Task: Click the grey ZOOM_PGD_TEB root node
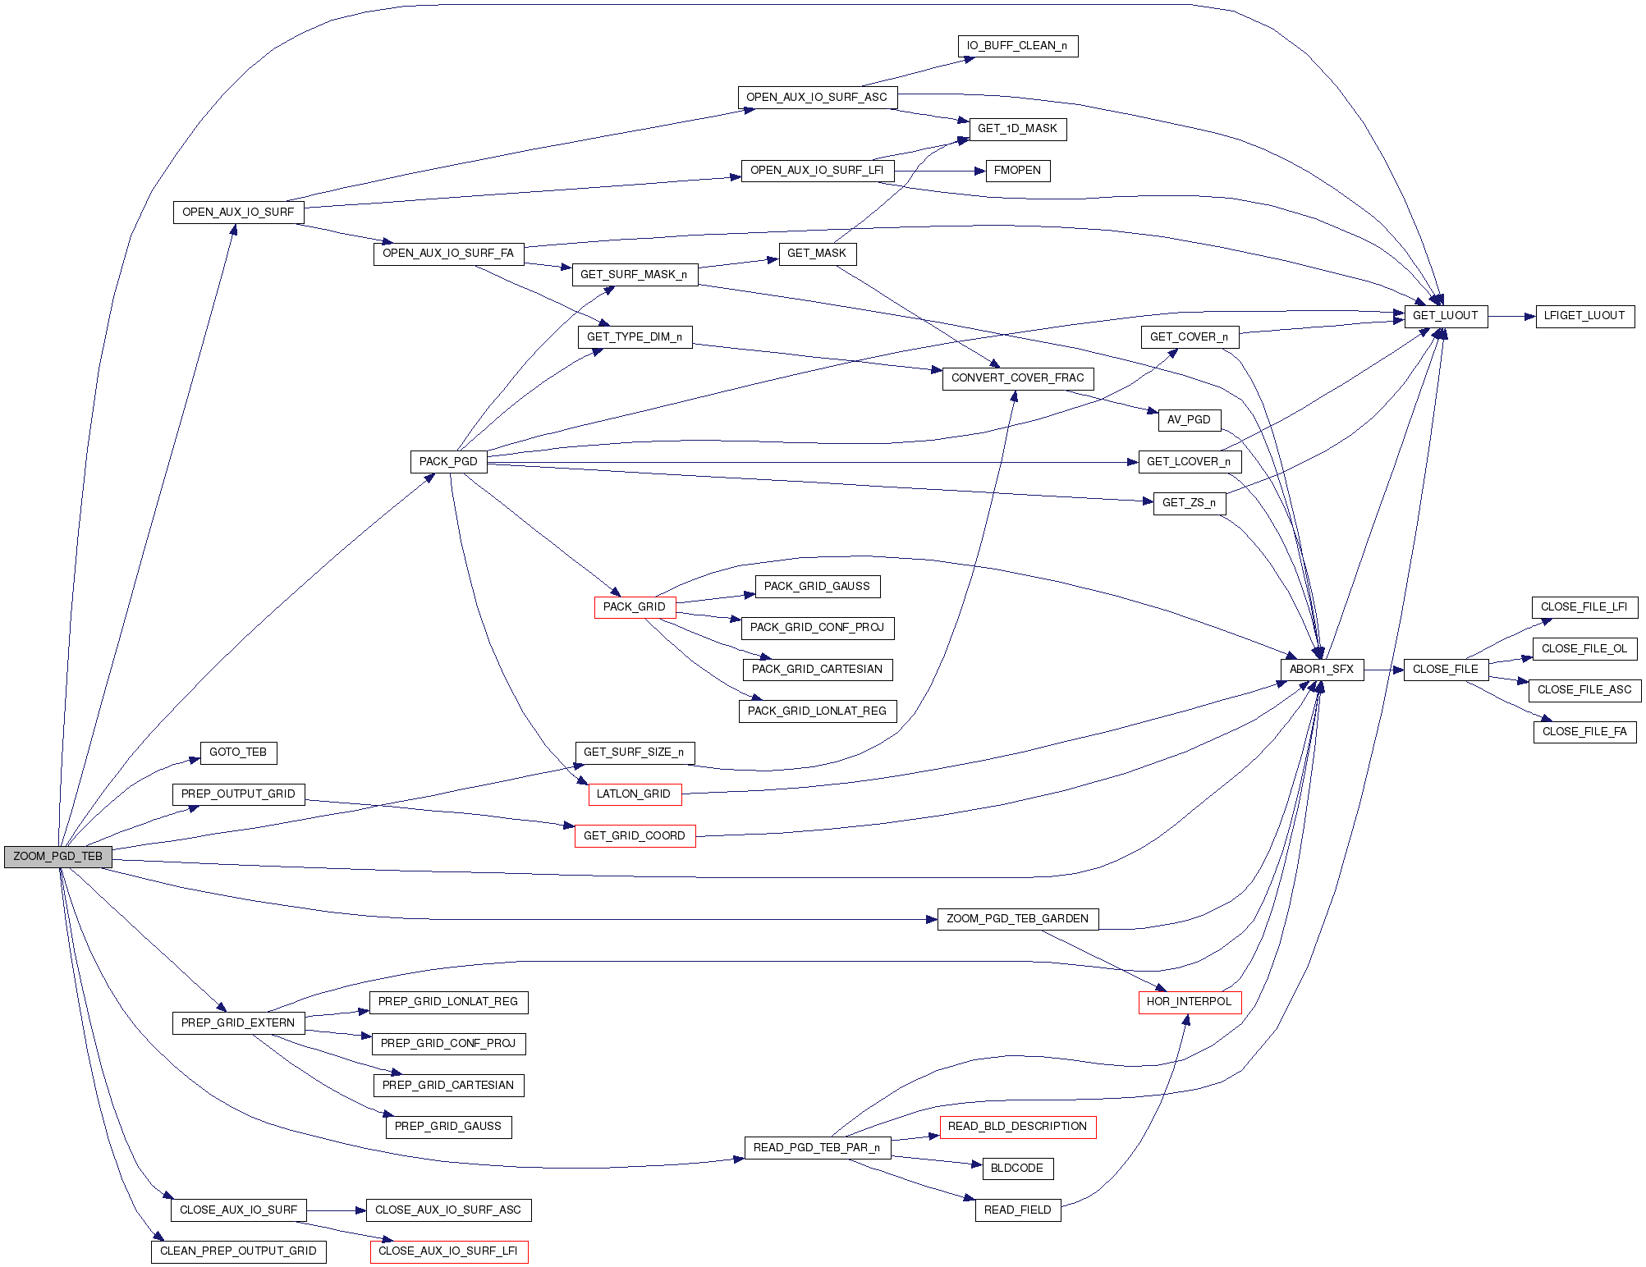coord(57,856)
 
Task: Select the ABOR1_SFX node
coord(1321,670)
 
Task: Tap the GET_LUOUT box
coord(1445,316)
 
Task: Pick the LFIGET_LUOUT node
coord(1584,316)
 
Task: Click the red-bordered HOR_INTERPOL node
coord(1189,1002)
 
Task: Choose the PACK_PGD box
coord(448,462)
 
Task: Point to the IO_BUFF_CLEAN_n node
coord(1017,46)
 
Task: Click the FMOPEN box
coord(1017,171)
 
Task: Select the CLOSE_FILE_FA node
coord(1584,732)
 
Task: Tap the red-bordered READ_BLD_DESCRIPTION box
coord(1017,1127)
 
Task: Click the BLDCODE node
coord(1017,1169)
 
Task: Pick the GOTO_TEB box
coord(238,752)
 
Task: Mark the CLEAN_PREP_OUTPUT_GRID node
coord(238,1251)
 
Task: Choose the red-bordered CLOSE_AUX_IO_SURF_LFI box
coord(448,1251)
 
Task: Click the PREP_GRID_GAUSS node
coord(448,1127)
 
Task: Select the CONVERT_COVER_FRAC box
coord(1017,378)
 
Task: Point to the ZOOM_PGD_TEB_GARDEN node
coord(1017,919)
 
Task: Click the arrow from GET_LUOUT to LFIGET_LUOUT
coord(1511,316)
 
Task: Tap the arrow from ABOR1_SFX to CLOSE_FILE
coord(1383,670)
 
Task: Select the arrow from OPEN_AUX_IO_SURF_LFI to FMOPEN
coord(939,171)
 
